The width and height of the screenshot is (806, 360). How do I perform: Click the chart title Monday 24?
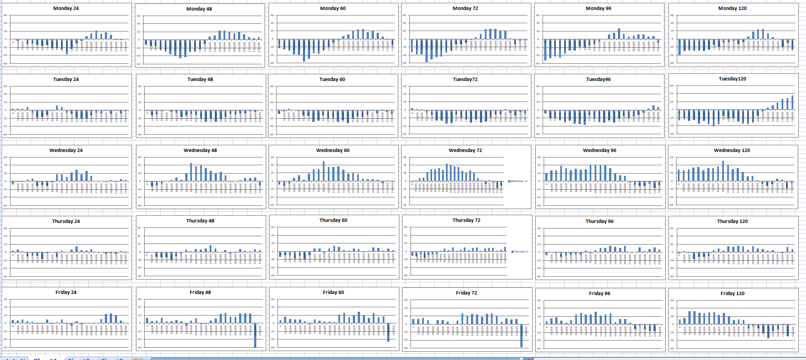coord(66,8)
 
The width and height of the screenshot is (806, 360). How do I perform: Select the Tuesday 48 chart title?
coord(200,79)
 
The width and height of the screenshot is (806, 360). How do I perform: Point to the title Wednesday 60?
coord(333,150)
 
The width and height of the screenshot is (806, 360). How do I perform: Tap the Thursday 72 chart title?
coord(466,220)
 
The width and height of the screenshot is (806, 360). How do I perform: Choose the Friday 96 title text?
coord(600,293)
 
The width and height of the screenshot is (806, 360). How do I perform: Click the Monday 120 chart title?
coord(732,8)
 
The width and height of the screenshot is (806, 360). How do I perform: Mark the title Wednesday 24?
coord(66,150)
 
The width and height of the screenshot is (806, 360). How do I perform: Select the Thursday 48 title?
coord(200,221)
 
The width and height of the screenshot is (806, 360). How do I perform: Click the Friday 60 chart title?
coord(333,292)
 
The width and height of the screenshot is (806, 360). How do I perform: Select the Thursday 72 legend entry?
coord(520,251)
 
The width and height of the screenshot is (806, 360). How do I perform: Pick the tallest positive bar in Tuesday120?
coord(792,103)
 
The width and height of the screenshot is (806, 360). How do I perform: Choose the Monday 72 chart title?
coord(465,8)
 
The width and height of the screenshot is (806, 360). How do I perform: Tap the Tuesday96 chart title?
coord(599,79)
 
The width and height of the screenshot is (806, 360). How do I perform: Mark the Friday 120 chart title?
coord(732,293)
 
